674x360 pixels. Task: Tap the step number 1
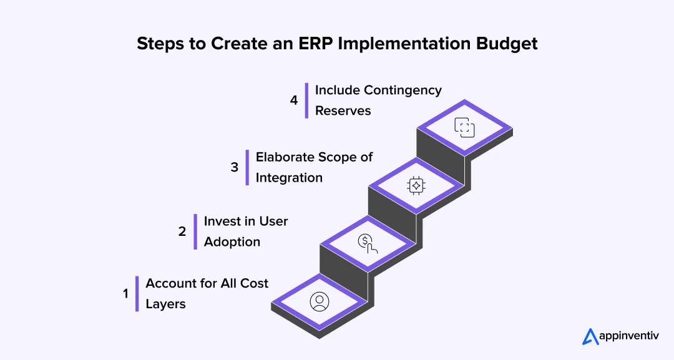coord(125,293)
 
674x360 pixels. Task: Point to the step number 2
coord(182,231)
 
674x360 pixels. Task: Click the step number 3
coord(235,167)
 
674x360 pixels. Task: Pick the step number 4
coord(294,100)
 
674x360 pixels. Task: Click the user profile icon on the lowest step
coord(320,302)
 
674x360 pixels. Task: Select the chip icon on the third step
coord(416,185)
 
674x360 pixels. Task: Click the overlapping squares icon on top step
coord(464,127)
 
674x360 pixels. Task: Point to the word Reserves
coord(343,110)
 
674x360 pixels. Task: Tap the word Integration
coord(289,178)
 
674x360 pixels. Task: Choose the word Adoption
coord(232,242)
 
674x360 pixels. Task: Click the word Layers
coord(165,304)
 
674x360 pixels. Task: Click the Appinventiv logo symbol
coord(590,336)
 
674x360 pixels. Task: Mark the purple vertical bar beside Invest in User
coord(195,231)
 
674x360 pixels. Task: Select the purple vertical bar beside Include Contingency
coord(306,100)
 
